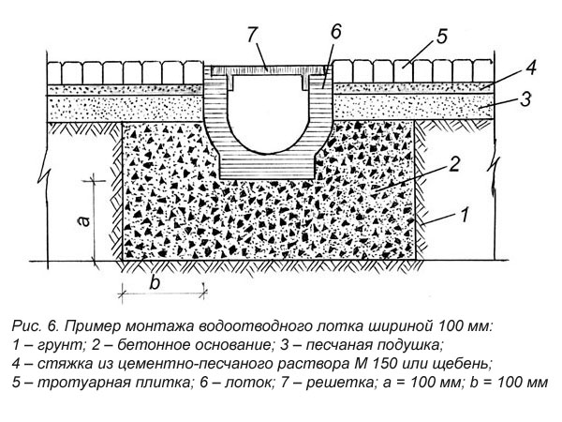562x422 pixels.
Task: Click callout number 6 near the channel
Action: tap(335, 31)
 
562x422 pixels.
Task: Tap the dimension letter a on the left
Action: tap(82, 219)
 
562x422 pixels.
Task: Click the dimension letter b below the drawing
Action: tap(155, 280)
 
